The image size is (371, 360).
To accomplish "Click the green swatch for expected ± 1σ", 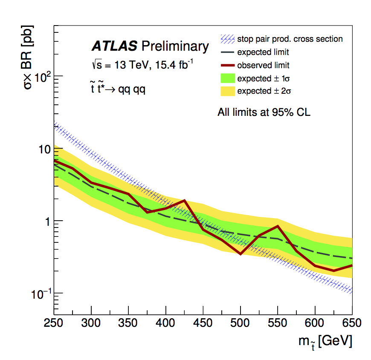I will coord(227,78).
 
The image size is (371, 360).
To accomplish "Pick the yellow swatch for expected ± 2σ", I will coord(227,91).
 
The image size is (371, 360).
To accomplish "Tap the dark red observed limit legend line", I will coord(227,65).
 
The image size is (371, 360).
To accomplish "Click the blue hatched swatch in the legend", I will coord(227,39).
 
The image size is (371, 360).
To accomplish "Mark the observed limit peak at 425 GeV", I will coord(184,200).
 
